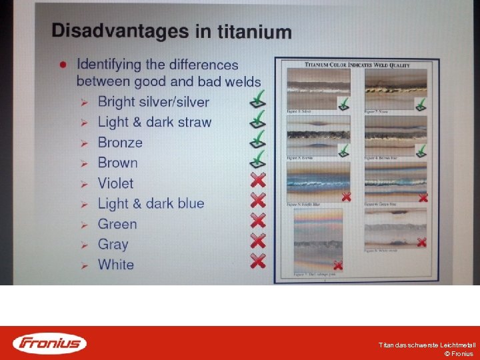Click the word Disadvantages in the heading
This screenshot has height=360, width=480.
[x=110, y=30]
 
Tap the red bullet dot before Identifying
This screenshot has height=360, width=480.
[x=62, y=65]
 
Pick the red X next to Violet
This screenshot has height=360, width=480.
[x=257, y=180]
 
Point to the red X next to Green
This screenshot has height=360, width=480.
[x=257, y=221]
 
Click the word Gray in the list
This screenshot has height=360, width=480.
[x=113, y=244]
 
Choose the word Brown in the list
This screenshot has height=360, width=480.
[x=117, y=163]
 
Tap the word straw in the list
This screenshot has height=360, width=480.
[x=194, y=122]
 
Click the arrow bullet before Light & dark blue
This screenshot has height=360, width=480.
[x=85, y=204]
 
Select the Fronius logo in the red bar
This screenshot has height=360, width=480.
[x=49, y=343]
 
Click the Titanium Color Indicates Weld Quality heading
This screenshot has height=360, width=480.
[x=357, y=64]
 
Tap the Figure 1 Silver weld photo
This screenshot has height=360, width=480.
[x=317, y=88]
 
